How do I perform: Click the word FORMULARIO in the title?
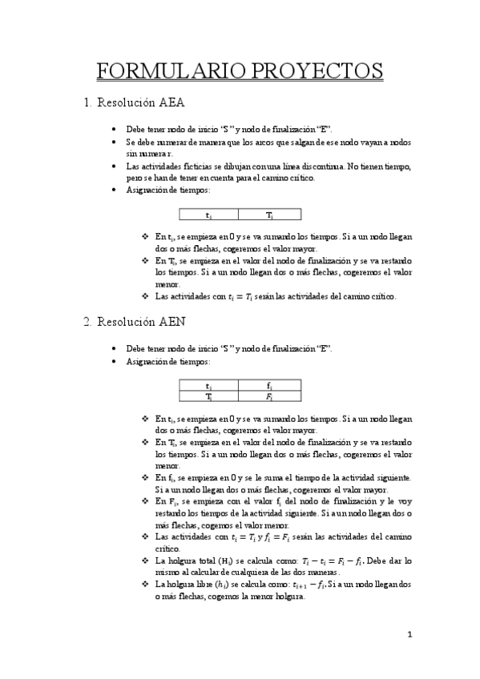click(163, 70)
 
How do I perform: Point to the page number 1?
click(409, 634)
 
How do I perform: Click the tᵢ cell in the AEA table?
click(209, 215)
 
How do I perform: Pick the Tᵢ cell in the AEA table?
click(269, 215)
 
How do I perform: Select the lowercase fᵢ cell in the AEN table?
click(269, 387)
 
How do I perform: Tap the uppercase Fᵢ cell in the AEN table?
click(269, 396)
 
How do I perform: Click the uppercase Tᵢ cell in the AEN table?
click(209, 396)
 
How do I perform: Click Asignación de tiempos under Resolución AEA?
click(168, 191)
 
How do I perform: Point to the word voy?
click(405, 500)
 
